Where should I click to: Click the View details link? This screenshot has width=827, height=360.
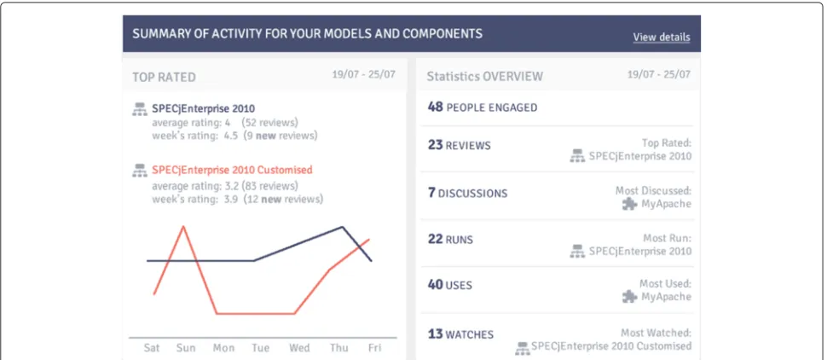662,37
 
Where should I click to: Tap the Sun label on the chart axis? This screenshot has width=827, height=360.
186,348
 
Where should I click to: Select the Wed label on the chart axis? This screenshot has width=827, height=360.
299,348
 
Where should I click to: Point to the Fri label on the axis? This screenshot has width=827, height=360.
374,348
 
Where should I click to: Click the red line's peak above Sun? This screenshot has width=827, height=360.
183,226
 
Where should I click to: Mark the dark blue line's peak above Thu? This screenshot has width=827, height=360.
342,227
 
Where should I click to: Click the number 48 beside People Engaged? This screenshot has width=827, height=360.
435,107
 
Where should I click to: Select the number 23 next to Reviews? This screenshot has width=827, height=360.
435,145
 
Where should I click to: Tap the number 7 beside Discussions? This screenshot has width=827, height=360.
431,193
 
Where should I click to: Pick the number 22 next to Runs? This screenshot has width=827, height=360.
435,239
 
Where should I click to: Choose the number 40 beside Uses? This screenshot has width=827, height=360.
435,285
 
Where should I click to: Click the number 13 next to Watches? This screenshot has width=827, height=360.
435,334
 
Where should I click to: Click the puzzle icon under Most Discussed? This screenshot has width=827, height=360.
630,204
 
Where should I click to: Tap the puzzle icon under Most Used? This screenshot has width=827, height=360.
630,297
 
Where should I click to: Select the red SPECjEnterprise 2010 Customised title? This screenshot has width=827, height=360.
232,170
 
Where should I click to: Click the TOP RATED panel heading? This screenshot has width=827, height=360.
164,77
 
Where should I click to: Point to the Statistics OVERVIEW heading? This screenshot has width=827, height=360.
485,77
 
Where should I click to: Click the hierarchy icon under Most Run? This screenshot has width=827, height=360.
577,252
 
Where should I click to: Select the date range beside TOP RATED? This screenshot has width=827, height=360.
363,74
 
